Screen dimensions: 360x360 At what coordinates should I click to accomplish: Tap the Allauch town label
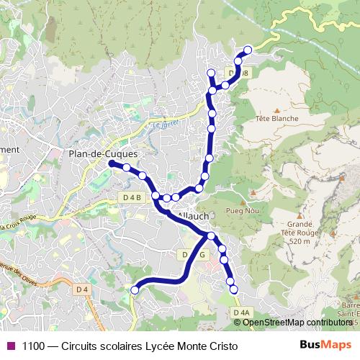[x=193, y=215]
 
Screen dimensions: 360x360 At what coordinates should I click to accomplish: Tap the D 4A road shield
[x=242, y=312]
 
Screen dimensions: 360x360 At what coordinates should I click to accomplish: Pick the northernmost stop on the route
[x=248, y=50]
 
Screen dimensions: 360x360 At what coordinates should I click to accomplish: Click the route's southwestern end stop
[x=135, y=289]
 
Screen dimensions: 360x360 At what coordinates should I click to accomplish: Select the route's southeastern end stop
[x=233, y=289]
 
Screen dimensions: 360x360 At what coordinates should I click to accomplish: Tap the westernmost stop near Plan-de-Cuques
[x=112, y=164]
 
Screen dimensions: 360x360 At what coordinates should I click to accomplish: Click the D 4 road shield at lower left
[x=84, y=289]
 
